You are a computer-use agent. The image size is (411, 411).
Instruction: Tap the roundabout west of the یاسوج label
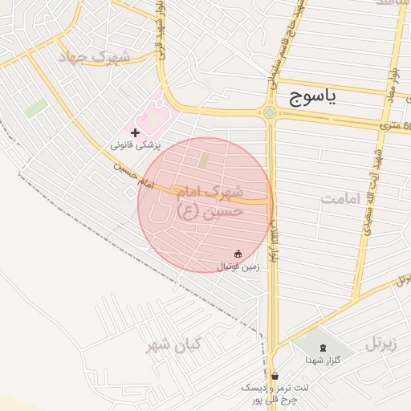pyautogui.click(x=270, y=112)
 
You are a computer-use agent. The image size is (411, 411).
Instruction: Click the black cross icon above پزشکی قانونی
pyautogui.click(x=135, y=131)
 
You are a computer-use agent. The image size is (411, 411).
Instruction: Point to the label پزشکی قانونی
pyautogui.click(x=135, y=145)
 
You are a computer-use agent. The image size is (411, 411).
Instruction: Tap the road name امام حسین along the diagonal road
pyautogui.click(x=132, y=177)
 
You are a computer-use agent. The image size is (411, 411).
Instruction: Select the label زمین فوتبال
pyautogui.click(x=238, y=266)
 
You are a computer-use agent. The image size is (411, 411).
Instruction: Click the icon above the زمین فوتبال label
pyautogui.click(x=238, y=253)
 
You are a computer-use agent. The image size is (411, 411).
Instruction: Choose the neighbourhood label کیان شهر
pyautogui.click(x=173, y=346)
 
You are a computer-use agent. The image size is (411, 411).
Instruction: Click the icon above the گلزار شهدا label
pyautogui.click(x=324, y=348)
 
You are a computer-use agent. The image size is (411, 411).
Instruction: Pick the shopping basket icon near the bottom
pyautogui.click(x=275, y=376)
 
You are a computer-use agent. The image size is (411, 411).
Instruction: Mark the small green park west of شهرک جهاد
pyautogui.click(x=35, y=108)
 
